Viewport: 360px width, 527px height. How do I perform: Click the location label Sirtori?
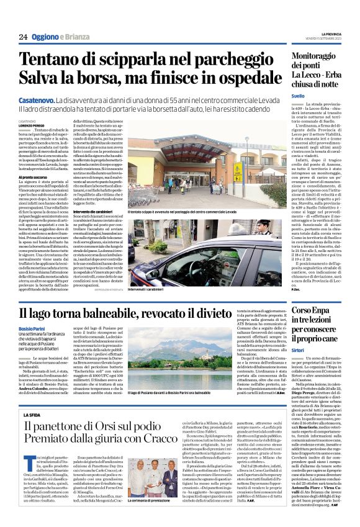pos(299,351)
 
